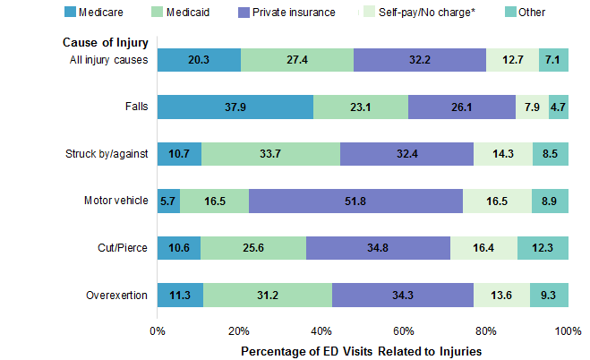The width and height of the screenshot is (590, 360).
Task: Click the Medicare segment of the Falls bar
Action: [235, 107]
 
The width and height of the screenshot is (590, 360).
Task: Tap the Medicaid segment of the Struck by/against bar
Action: [270, 155]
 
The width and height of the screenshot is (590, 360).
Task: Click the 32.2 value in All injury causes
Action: [420, 60]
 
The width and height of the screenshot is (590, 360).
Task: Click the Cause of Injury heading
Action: [105, 42]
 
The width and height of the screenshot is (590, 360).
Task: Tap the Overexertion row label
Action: [115, 296]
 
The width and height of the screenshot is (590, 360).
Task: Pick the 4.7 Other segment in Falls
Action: [558, 107]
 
